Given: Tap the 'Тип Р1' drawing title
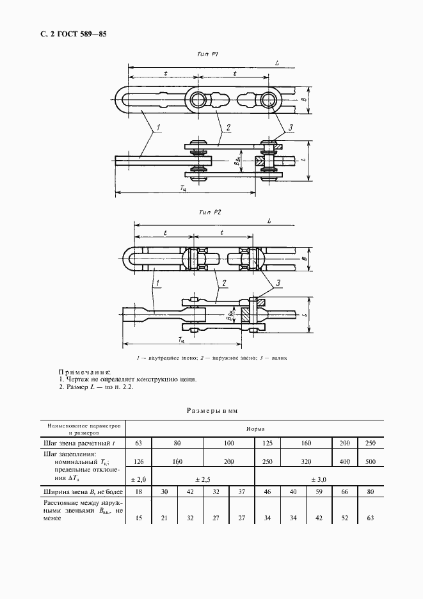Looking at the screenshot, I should (209, 56).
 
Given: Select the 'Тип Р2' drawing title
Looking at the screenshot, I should (209, 211).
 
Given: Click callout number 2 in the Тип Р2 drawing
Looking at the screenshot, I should (224, 282).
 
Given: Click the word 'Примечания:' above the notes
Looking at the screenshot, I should (84, 371).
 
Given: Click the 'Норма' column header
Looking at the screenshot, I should (255, 429).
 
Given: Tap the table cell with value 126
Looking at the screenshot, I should (138, 461).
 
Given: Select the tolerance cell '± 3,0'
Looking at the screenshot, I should (319, 478).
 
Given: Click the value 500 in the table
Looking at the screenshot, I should (371, 461).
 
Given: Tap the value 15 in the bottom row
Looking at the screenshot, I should (138, 518).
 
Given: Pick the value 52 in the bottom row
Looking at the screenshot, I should (344, 518).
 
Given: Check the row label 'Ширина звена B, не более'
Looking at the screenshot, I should (79, 492).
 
